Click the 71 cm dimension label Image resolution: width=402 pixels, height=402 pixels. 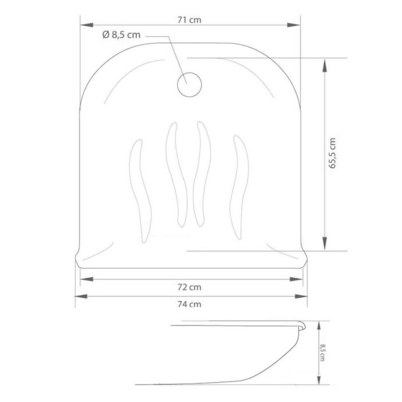189,20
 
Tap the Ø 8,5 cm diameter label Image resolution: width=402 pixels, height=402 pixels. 121,34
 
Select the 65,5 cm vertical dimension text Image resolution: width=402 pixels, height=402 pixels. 332,153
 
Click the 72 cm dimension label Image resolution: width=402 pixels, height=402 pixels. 189,287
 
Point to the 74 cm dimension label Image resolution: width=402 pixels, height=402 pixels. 189,304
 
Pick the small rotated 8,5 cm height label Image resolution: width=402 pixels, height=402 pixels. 322,352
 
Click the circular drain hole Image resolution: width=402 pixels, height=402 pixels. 189,84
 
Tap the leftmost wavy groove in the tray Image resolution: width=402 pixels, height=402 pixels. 140,191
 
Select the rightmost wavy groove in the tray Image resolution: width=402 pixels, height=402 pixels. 239,188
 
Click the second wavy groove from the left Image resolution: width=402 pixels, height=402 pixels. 177,174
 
